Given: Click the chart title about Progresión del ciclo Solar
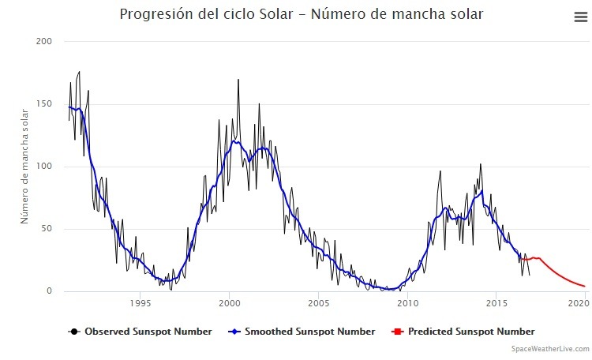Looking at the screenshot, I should tap(301, 14).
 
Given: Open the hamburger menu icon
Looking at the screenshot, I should tap(580, 17).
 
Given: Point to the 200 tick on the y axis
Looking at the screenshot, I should tap(44, 41).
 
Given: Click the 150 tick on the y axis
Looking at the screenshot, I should tap(44, 103).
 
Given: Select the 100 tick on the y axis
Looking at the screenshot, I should tap(44, 167).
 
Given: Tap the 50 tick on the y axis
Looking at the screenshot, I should tap(47, 229).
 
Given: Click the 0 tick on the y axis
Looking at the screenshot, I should tap(49, 291).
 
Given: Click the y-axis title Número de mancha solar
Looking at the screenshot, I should tap(24, 168).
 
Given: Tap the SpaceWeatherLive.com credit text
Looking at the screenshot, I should tap(549, 348).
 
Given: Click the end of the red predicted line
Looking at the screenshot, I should tap(584, 287).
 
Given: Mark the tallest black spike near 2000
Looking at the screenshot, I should tap(238, 80).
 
